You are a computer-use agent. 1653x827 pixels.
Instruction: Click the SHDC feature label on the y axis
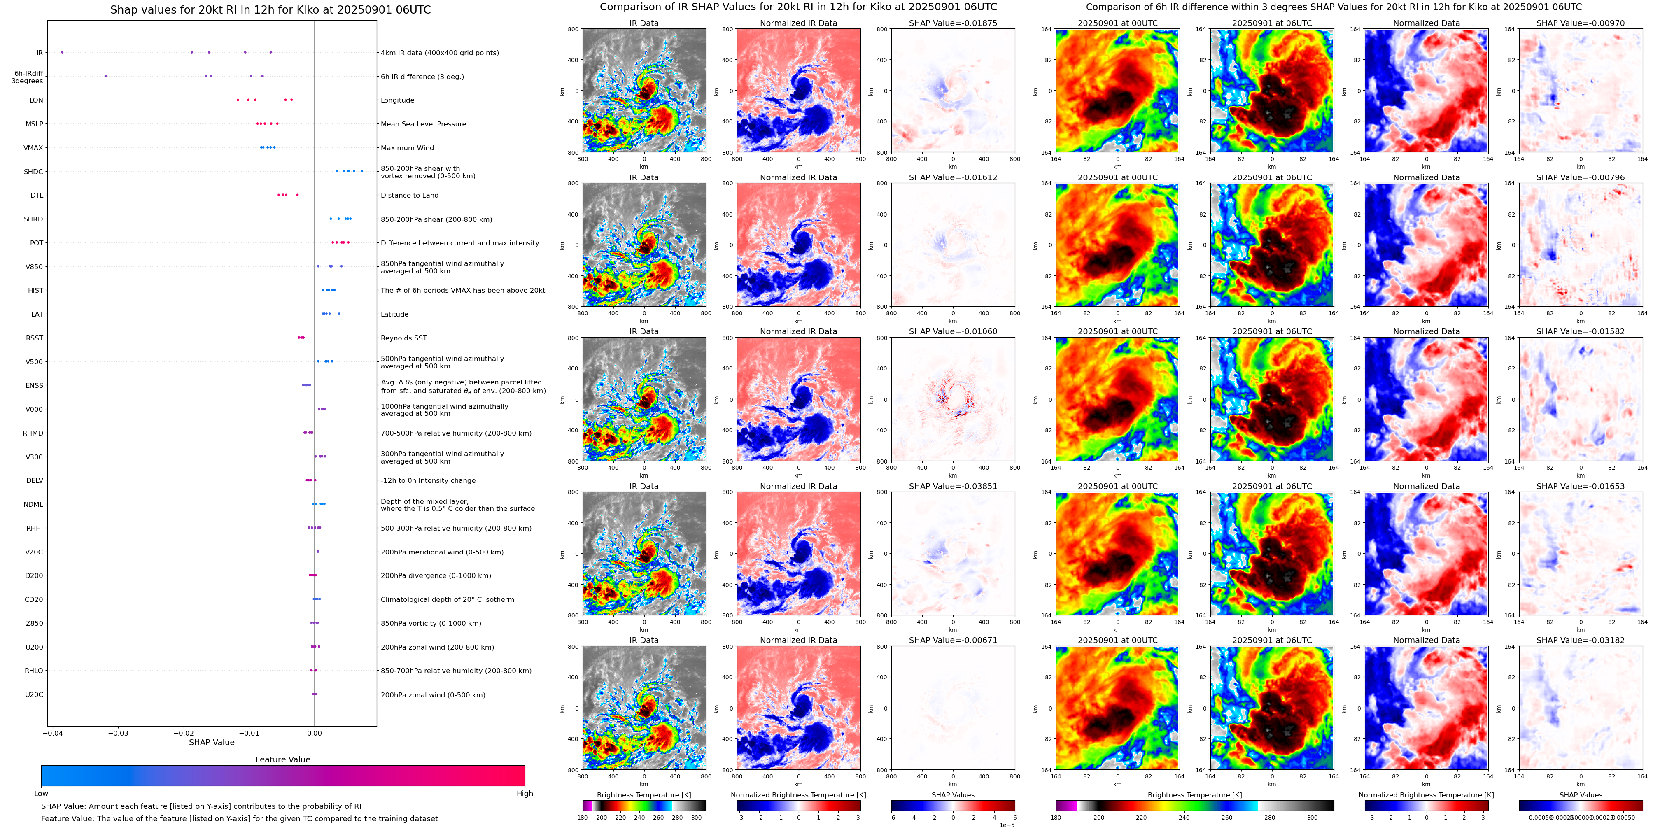point(33,172)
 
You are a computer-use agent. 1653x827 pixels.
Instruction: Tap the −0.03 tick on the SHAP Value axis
point(118,733)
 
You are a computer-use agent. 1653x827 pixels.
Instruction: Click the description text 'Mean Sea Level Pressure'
point(423,124)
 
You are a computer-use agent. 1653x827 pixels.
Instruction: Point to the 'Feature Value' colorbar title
point(282,759)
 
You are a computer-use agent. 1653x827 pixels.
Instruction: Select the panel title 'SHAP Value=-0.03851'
point(952,486)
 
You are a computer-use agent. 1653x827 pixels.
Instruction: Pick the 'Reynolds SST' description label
point(403,338)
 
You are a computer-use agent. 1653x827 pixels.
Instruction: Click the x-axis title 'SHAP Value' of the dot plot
point(211,742)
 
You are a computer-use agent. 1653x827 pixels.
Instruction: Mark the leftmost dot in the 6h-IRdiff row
point(107,76)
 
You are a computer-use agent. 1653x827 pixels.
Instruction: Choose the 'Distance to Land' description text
point(409,196)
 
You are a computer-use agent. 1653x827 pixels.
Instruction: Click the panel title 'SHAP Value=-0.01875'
point(952,23)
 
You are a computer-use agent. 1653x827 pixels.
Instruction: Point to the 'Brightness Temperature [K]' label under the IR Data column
point(643,795)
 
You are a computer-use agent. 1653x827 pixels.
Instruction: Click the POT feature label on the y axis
point(37,243)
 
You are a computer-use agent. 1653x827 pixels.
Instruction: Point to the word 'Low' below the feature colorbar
point(41,794)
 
